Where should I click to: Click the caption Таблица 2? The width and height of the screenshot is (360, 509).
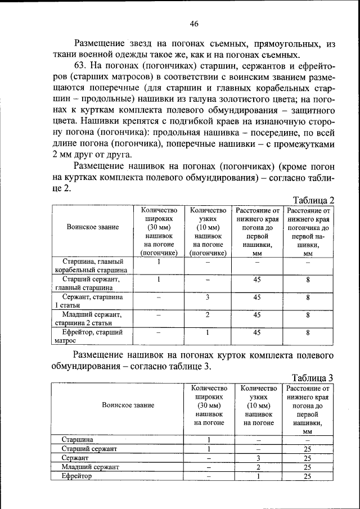314,200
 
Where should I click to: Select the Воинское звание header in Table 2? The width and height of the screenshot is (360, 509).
93,227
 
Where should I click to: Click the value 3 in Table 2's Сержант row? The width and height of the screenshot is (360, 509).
208,297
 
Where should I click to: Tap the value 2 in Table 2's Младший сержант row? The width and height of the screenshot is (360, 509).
208,315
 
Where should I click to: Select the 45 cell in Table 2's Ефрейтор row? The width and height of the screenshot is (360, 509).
257,332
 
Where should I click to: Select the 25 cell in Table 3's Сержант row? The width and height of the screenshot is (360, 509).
307,458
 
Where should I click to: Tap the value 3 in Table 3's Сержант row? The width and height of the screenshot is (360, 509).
259,458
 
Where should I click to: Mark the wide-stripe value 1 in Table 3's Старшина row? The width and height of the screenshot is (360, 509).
209,439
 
